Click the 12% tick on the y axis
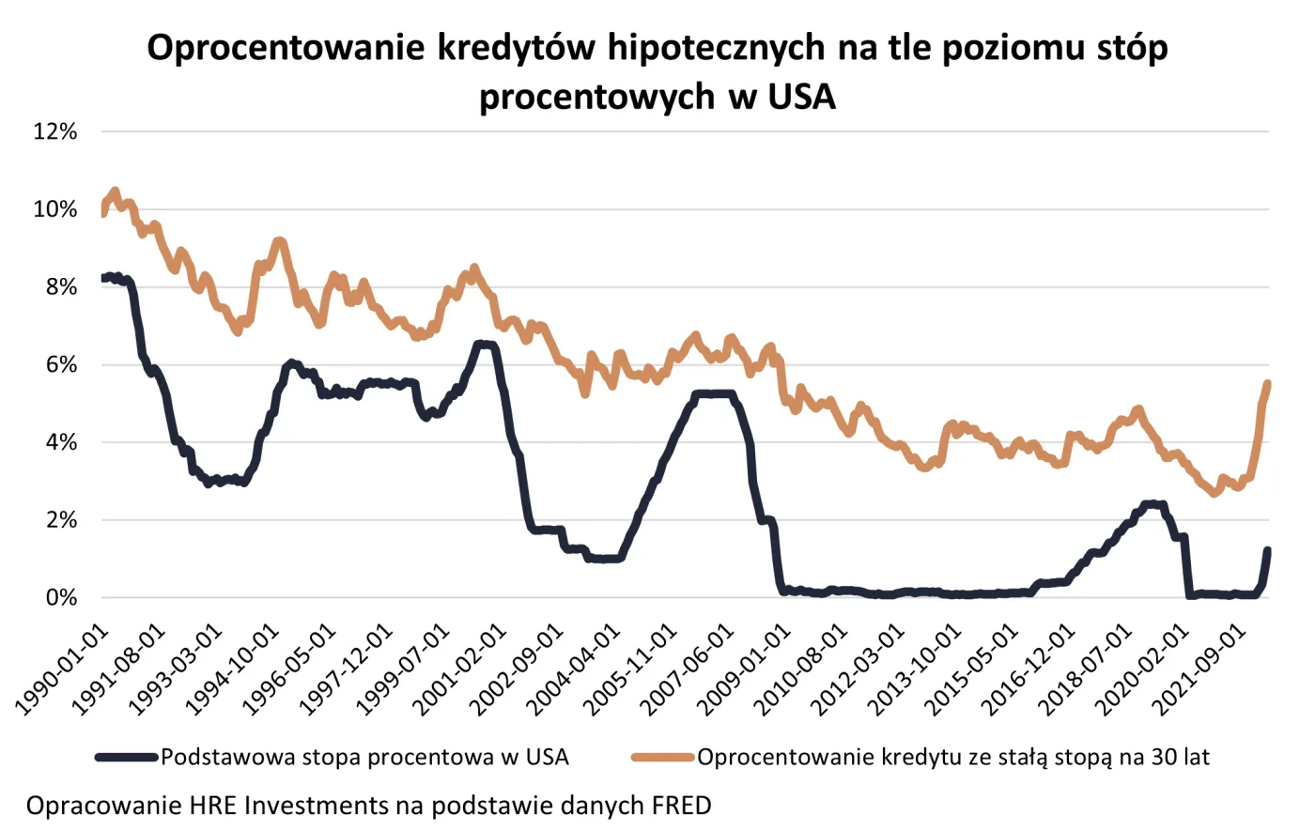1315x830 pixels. [54, 131]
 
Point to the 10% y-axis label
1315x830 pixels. [54, 209]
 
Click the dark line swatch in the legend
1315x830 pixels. [126, 758]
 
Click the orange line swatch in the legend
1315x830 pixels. [662, 758]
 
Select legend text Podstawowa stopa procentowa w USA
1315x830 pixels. [364, 758]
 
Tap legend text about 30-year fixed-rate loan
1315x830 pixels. [952, 758]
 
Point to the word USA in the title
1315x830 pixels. [801, 97]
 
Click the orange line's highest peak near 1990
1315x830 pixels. [115, 192]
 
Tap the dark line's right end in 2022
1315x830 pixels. [1267, 551]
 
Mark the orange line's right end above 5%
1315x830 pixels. [1267, 383]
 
